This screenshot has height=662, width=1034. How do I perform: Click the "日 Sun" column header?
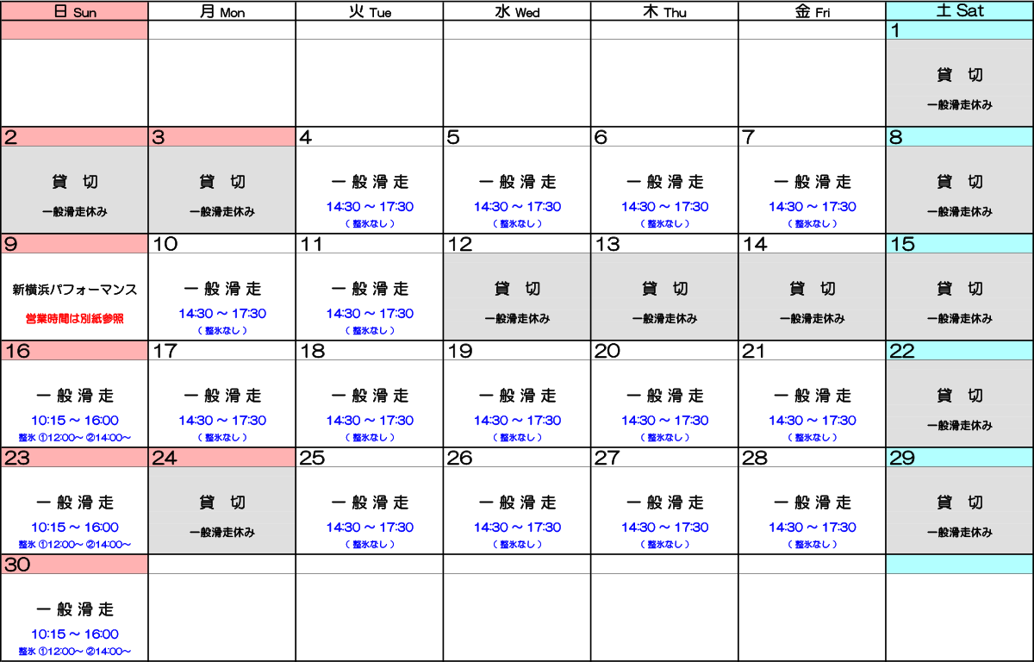(74, 12)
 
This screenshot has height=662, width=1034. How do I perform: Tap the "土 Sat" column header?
(959, 11)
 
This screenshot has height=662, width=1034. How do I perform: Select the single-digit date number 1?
(896, 31)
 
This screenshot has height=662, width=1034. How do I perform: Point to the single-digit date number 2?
(10, 137)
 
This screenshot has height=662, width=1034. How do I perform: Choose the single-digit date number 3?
(159, 137)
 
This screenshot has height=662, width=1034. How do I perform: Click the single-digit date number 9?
(10, 244)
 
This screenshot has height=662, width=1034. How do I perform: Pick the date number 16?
(17, 351)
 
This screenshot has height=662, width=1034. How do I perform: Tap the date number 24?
(165, 458)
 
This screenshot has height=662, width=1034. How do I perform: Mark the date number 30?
(17, 565)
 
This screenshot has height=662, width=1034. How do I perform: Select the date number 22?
(902, 351)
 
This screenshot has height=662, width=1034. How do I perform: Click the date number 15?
(902, 244)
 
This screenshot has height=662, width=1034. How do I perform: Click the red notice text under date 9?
(74, 319)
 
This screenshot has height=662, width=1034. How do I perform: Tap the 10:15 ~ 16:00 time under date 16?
(74, 421)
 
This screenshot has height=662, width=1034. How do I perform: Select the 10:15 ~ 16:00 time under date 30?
(74, 634)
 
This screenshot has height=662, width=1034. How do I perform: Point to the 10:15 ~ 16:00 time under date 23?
(74, 528)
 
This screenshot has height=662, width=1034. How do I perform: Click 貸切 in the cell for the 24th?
(222, 503)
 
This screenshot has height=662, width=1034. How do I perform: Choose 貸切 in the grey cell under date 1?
(959, 76)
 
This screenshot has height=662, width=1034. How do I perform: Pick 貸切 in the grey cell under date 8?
(959, 182)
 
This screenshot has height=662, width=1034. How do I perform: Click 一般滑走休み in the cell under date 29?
(959, 533)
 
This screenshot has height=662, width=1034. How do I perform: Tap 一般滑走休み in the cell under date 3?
(222, 212)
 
